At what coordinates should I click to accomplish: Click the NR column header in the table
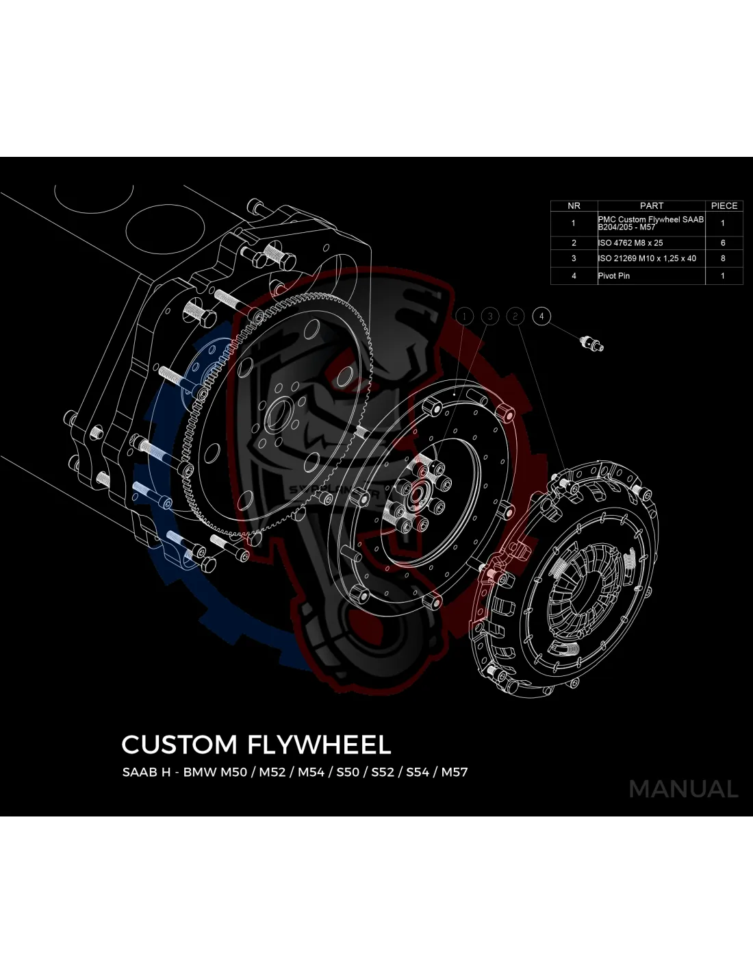point(574,205)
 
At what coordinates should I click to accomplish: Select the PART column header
point(651,205)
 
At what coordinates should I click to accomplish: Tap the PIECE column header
point(724,205)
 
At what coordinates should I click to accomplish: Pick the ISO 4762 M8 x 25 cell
point(630,243)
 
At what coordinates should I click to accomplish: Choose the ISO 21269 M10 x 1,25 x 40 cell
point(647,259)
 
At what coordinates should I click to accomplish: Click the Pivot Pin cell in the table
point(614,276)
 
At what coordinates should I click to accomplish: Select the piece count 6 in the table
point(723,243)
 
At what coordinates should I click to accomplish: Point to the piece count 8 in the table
point(723,259)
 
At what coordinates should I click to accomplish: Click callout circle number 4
point(541,316)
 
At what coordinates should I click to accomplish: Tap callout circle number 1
point(464,316)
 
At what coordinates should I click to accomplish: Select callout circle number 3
point(490,316)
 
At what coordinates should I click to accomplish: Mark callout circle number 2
point(515,316)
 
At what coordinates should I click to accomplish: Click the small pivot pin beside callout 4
point(591,343)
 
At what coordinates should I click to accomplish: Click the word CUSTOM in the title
point(179,745)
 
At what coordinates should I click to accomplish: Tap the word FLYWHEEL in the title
point(319,745)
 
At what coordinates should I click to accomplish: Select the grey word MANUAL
point(683,789)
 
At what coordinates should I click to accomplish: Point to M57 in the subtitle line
point(455,772)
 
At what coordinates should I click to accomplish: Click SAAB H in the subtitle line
point(146,772)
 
